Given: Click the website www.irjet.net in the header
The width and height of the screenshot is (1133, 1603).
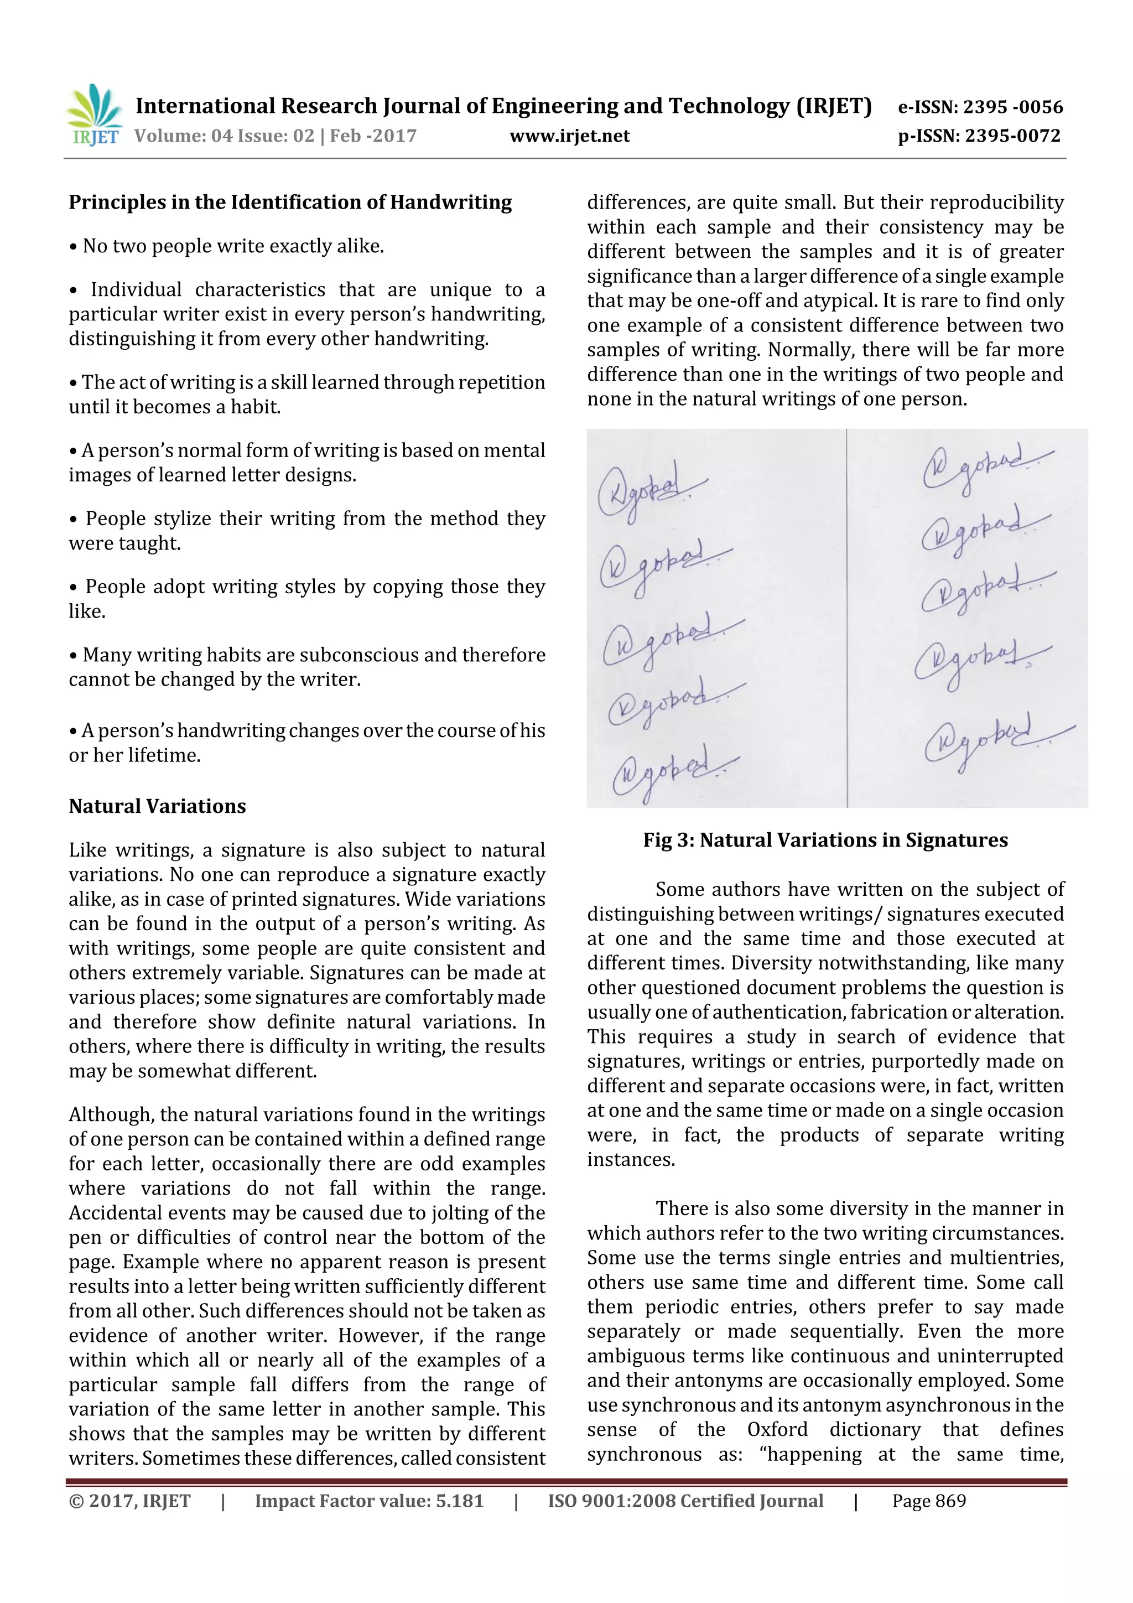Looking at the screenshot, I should pyautogui.click(x=570, y=136).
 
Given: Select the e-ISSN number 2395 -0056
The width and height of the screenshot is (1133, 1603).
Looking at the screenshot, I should pyautogui.click(x=1013, y=107).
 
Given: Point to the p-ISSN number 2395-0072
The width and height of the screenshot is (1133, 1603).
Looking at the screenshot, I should pyautogui.click(x=1012, y=136).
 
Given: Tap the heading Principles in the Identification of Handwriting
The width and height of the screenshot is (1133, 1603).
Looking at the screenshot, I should pyautogui.click(x=290, y=203).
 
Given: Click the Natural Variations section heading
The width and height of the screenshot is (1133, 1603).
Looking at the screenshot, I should pyautogui.click(x=157, y=806).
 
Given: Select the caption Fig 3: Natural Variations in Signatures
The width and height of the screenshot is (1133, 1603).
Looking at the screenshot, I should pyautogui.click(x=825, y=840).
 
